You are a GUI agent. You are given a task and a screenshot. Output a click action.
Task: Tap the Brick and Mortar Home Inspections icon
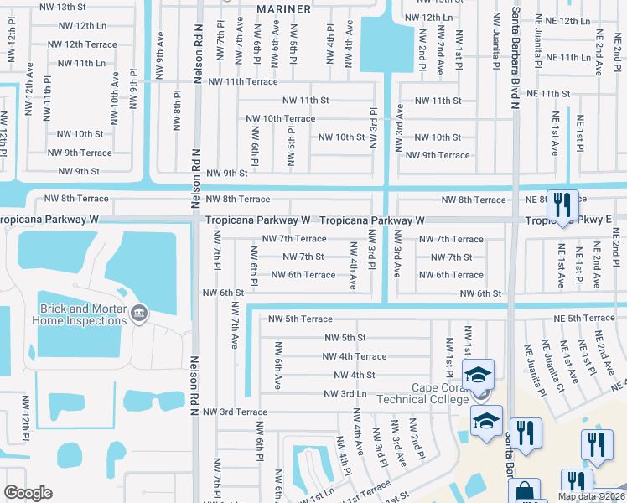point(139,316)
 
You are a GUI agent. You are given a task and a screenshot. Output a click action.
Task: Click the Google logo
point(28,492)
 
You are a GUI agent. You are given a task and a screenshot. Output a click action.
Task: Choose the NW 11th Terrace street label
point(243,82)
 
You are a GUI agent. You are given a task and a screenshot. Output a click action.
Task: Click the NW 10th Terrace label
point(282,118)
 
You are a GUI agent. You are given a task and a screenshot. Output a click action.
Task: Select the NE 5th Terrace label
point(583,318)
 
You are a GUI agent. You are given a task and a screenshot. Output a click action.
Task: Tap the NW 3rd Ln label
point(345,393)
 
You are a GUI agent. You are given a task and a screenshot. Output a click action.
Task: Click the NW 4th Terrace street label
point(354,356)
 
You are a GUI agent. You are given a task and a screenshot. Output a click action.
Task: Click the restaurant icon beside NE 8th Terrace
point(562,204)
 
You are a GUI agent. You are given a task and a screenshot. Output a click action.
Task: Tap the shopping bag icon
point(525,491)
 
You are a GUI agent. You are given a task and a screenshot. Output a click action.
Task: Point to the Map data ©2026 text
point(592,496)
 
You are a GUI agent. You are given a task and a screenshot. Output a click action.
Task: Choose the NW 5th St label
point(345,338)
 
